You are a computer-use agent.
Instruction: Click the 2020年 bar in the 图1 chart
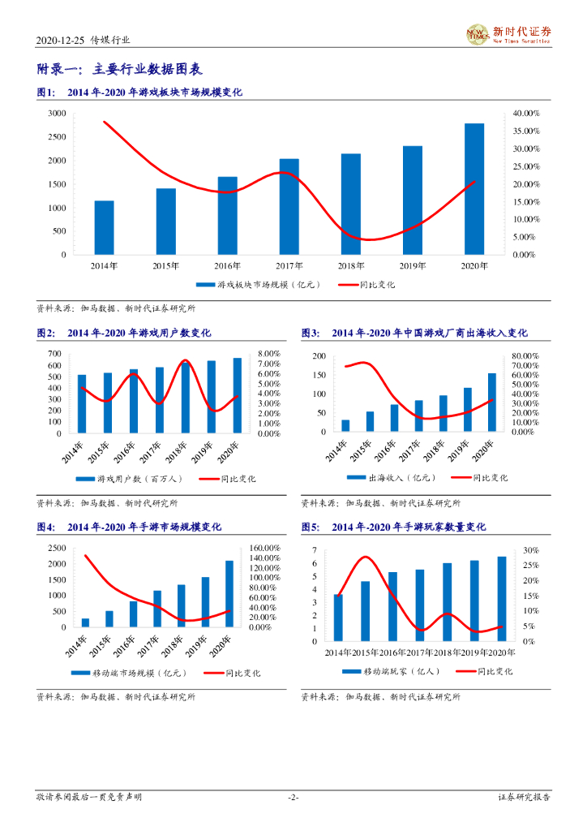pyautogui.click(x=474, y=189)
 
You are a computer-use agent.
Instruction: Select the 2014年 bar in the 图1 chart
pyautogui.click(x=104, y=228)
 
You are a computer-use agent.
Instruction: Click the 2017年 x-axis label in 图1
pyautogui.click(x=289, y=265)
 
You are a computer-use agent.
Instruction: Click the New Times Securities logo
pyautogui.click(x=508, y=34)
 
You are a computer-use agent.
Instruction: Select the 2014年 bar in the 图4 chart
pyautogui.click(x=85, y=622)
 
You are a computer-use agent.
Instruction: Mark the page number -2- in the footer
pyautogui.click(x=293, y=798)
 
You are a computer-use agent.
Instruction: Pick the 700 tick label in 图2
pyautogui.click(x=55, y=354)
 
